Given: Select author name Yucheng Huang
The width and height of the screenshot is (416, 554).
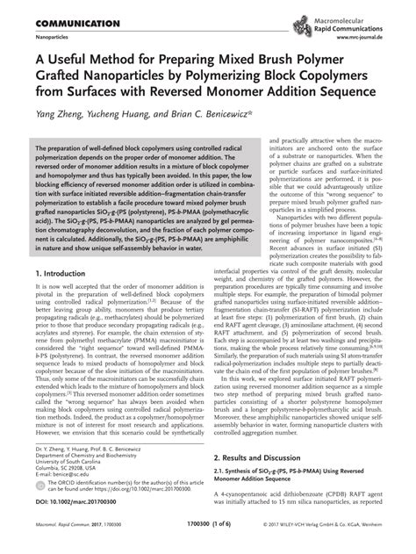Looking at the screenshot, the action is [126, 114].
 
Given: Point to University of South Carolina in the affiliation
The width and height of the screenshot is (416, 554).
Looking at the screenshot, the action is [79, 460].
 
